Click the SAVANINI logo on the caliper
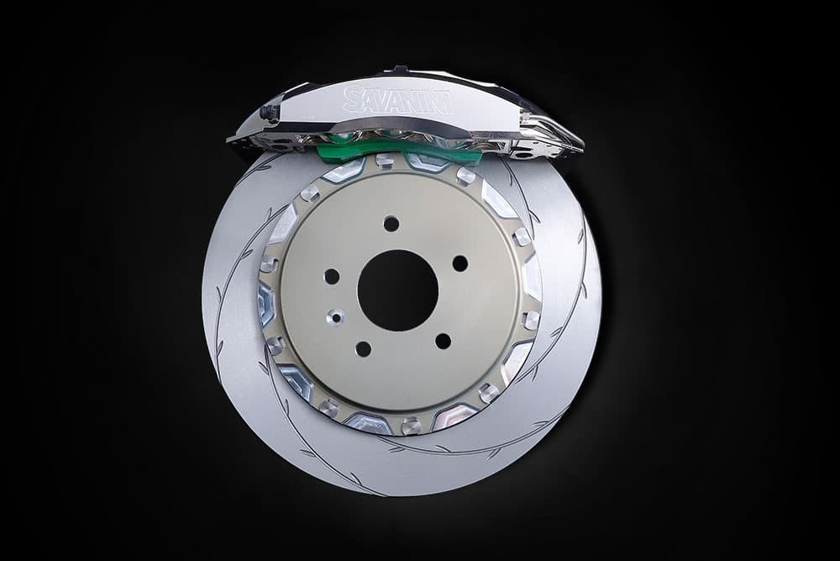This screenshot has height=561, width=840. pyautogui.click(x=397, y=100)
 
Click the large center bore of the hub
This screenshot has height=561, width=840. pyautogui.click(x=397, y=291)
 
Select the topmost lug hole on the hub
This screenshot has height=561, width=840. pyautogui.click(x=391, y=224)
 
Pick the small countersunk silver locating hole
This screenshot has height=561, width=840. pyautogui.click(x=337, y=317)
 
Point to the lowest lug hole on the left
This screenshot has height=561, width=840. pyautogui.click(x=363, y=349)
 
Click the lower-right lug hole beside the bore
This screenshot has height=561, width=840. pyautogui.click(x=443, y=341)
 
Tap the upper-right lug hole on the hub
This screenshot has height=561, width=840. pyautogui.click(x=460, y=263)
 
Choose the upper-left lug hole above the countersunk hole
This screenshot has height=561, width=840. pyautogui.click(x=332, y=277)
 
